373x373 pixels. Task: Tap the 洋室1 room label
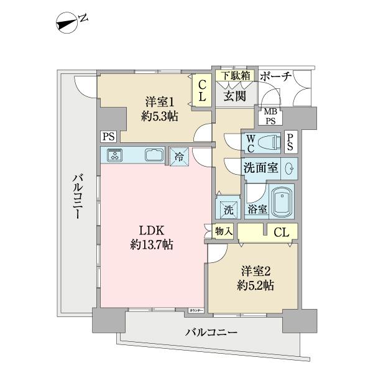[x=160, y=101]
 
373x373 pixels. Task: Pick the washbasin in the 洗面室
[x=289, y=168]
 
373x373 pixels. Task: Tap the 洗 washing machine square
[x=228, y=210]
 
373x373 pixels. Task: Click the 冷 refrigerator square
[x=178, y=157]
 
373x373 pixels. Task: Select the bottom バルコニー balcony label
[x=211, y=333]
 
